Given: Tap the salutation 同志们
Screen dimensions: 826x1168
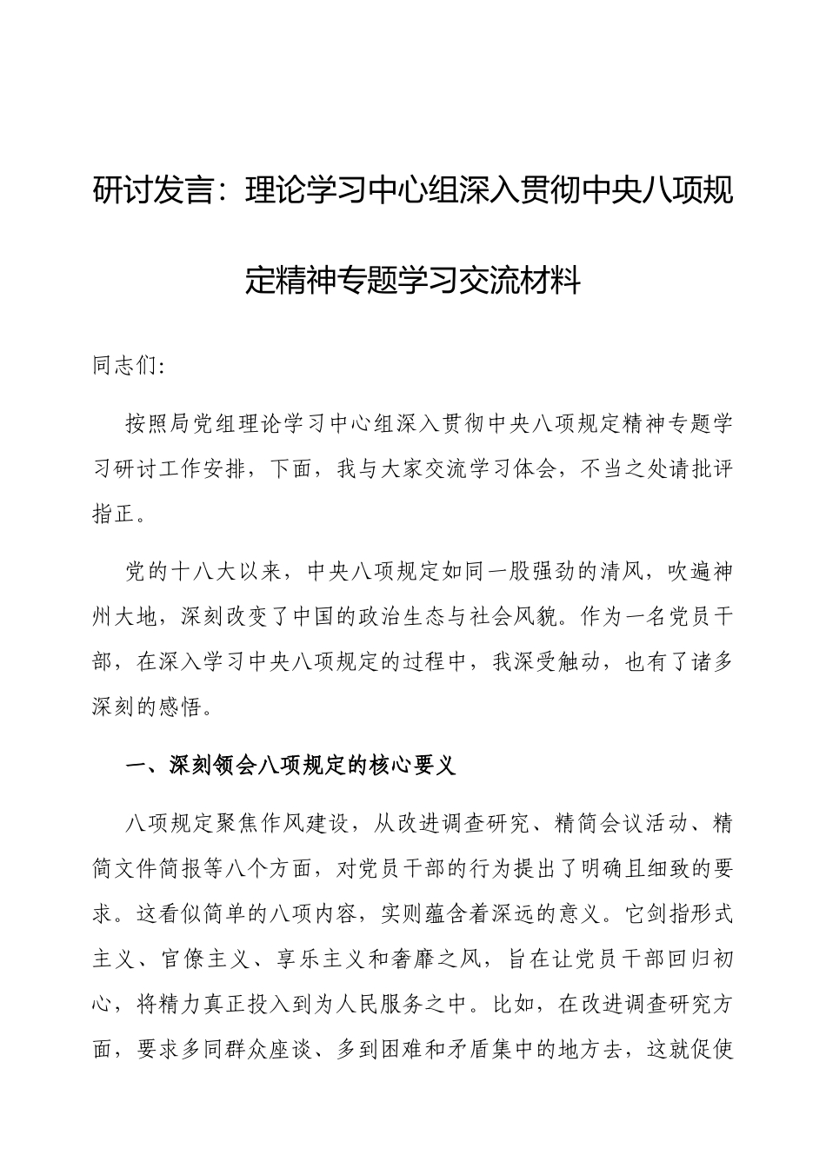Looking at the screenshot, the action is tap(125, 366).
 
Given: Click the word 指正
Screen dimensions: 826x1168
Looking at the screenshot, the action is tap(115, 514).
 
